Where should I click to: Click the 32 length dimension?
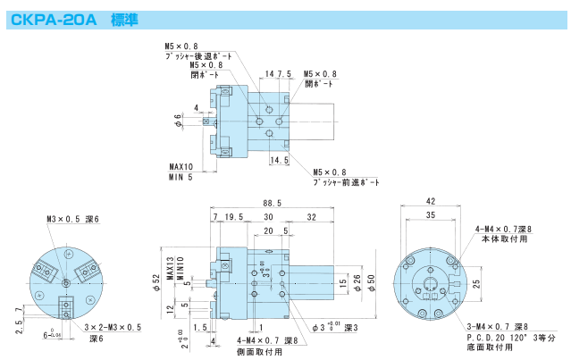(x=309, y=217)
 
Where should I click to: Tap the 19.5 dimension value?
(x=235, y=217)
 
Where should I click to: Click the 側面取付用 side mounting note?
(x=260, y=351)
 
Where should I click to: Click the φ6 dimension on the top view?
(x=179, y=120)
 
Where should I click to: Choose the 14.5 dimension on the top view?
(x=280, y=160)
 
